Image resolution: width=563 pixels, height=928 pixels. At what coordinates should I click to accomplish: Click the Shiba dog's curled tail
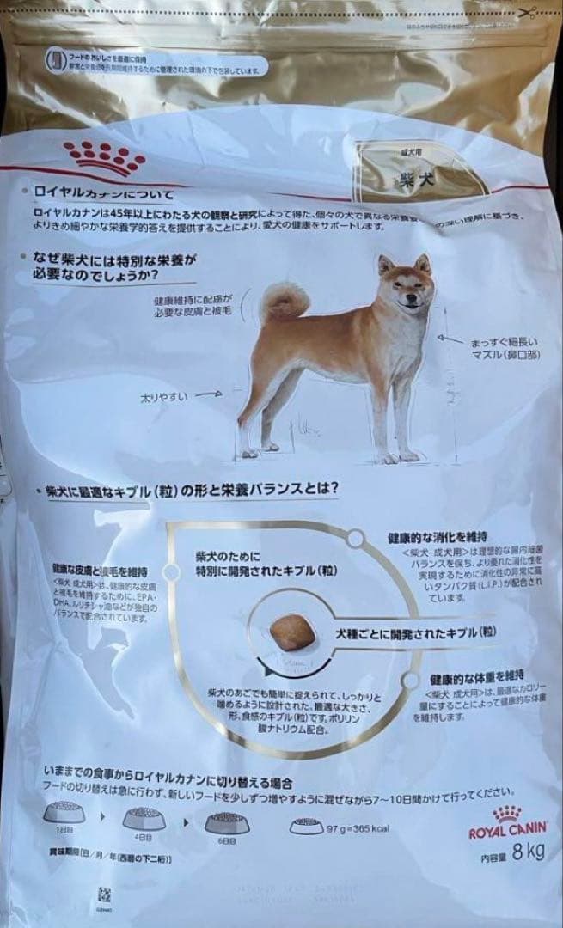285,300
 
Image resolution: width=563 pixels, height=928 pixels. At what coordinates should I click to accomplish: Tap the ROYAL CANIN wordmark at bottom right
507,832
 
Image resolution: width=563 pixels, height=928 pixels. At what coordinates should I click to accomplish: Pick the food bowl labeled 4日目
144,818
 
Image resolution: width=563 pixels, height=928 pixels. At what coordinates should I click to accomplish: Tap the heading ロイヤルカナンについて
103,193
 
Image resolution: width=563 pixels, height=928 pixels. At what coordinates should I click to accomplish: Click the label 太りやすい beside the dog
164,397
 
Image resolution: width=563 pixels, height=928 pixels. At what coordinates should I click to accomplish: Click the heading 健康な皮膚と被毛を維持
99,571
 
